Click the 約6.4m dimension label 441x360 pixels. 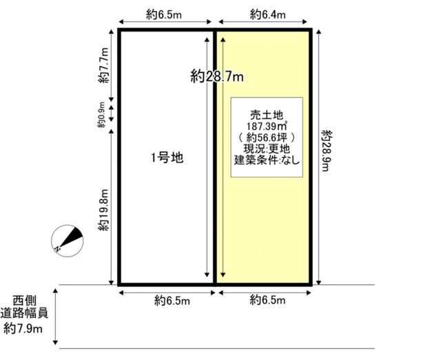pos(268,14)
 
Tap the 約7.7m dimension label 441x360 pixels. pos(103,65)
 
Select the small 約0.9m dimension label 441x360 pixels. pos(101,115)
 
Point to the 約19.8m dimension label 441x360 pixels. pos(103,210)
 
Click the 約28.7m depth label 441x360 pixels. pos(217,76)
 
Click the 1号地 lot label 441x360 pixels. pos(167,158)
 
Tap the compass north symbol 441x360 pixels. pos(68,240)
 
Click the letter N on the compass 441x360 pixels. pos(58,248)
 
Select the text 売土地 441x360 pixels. pos(267,115)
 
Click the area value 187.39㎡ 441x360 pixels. pos(267,125)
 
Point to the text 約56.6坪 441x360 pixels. pos(267,138)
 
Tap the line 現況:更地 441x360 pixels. pos(267,149)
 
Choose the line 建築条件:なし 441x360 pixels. pos(267,160)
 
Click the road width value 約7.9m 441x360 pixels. pos(23,328)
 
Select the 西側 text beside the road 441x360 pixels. pos(25,301)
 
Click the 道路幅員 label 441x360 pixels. pos(24,313)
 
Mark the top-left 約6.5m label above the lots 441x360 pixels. pos(164,14)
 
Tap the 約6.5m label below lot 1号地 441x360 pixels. pos(172,301)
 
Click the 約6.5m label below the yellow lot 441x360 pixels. pos(267,300)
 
